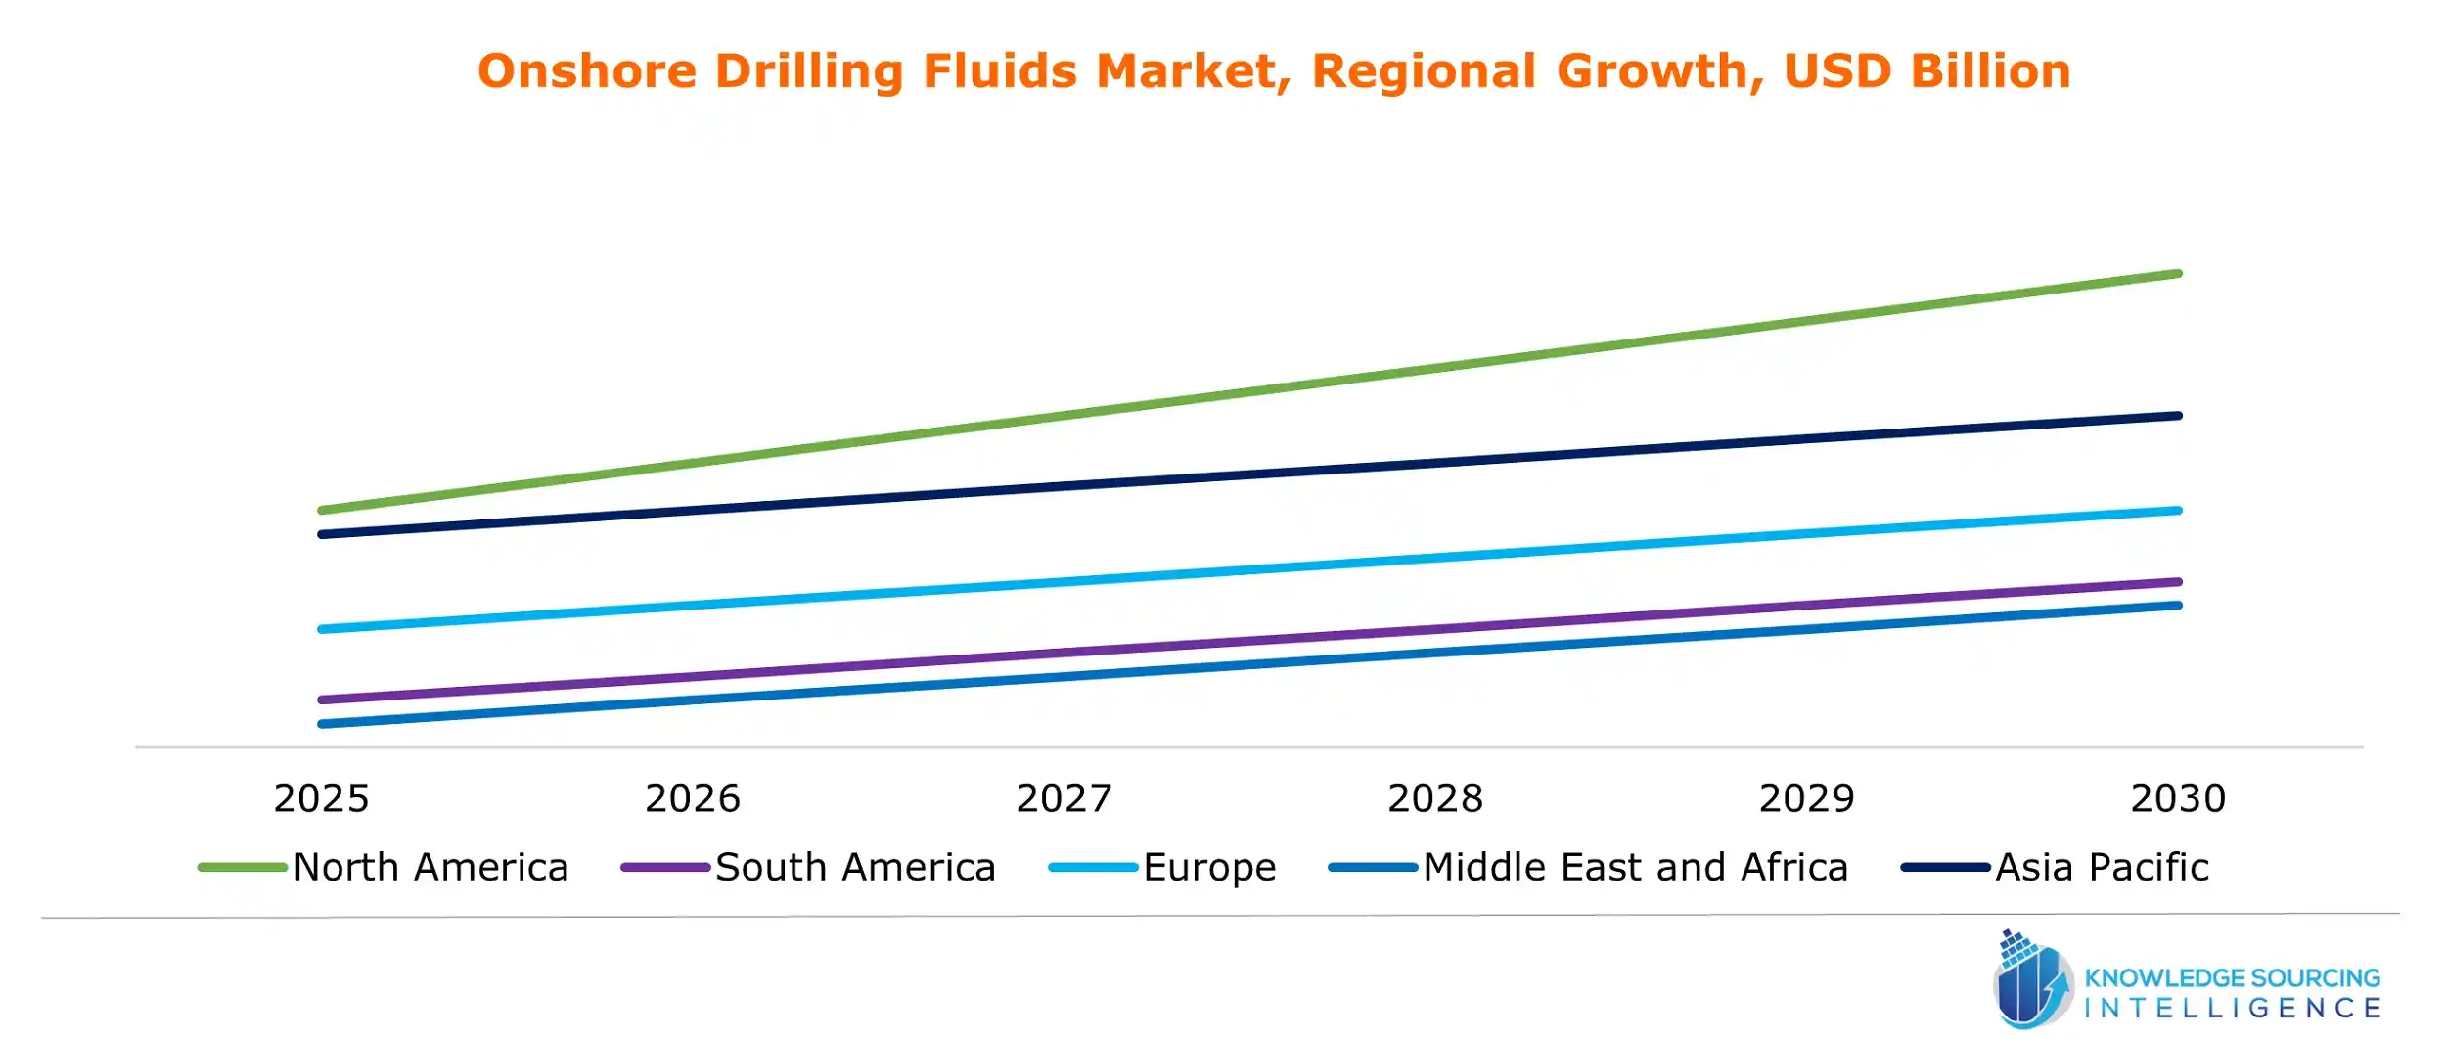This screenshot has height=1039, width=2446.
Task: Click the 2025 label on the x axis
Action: pyautogui.click(x=321, y=798)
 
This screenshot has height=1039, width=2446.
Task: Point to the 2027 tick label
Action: pyautogui.click(x=1064, y=798)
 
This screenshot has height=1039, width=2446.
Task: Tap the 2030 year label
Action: pyautogui.click(x=2178, y=798)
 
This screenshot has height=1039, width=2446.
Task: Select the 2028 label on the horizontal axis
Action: pyautogui.click(x=1435, y=798)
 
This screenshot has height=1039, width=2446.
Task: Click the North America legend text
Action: pyautogui.click(x=430, y=868)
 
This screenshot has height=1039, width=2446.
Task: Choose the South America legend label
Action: pyautogui.click(x=855, y=868)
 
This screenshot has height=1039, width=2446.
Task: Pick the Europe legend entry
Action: pyautogui.click(x=1209, y=868)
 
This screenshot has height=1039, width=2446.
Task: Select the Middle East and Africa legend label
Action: pyautogui.click(x=1635, y=868)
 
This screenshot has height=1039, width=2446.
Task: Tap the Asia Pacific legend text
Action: pyautogui.click(x=2102, y=868)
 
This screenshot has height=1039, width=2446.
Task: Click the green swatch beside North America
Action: pyautogui.click(x=242, y=868)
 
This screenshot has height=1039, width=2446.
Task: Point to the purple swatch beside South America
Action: pyautogui.click(x=665, y=868)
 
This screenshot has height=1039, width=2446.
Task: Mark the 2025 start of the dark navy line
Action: pyautogui.click(x=323, y=534)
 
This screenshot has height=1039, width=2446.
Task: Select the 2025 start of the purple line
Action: pyautogui.click(x=323, y=700)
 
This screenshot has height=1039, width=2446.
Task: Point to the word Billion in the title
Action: pyautogui.click(x=1990, y=71)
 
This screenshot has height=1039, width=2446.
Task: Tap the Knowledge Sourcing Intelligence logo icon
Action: pyautogui.click(x=2031, y=981)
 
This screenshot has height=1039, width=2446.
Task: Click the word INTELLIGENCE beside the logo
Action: pyautogui.click(x=2233, y=1009)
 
